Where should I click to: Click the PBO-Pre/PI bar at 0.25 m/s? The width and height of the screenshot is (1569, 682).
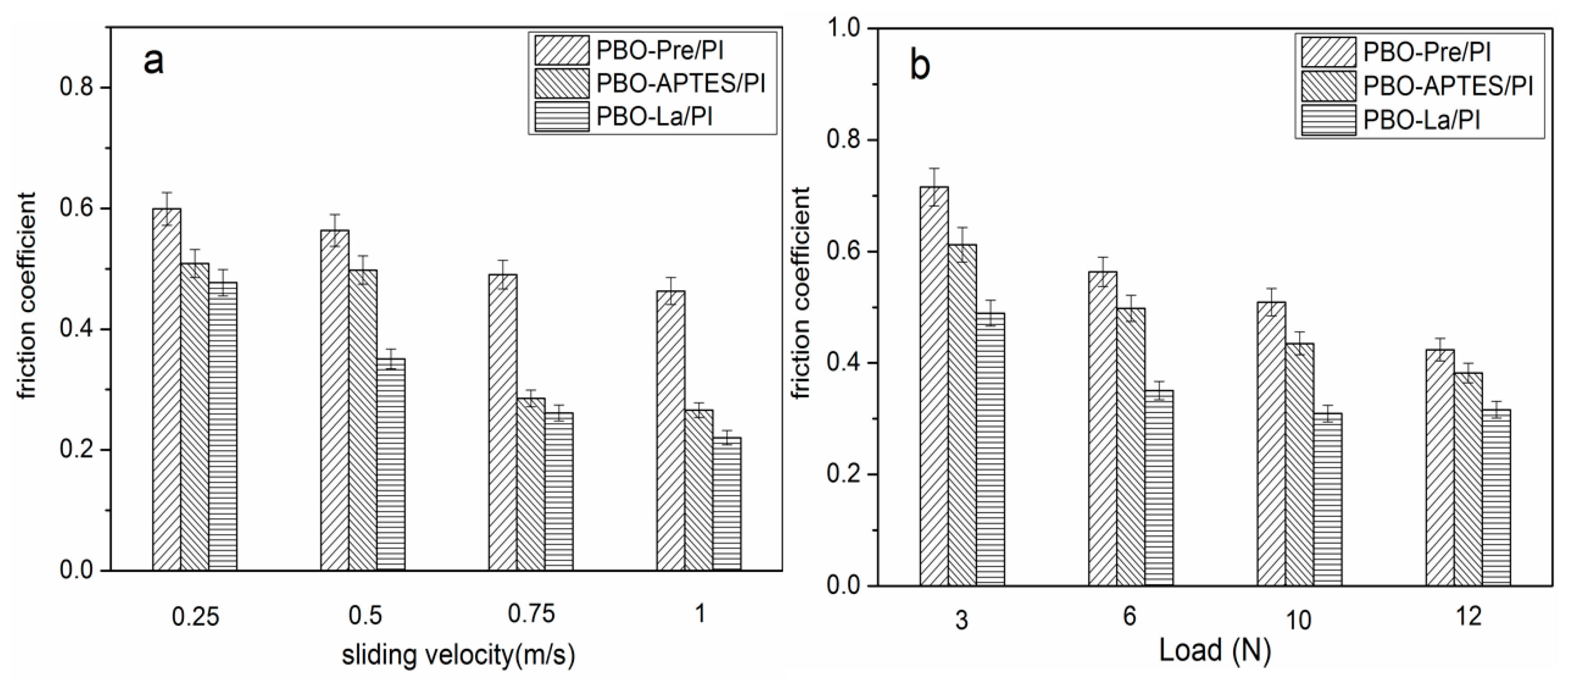click(x=166, y=390)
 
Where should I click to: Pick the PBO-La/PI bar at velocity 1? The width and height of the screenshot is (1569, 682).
click(x=727, y=505)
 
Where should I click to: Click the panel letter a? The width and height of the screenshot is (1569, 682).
click(x=153, y=61)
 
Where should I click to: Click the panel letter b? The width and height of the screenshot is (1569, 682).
click(x=919, y=66)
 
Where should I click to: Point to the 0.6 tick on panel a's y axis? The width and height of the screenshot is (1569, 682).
click(x=77, y=209)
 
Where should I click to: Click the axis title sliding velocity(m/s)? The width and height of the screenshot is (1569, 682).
click(x=458, y=656)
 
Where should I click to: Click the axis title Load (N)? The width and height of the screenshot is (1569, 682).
click(x=1215, y=650)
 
